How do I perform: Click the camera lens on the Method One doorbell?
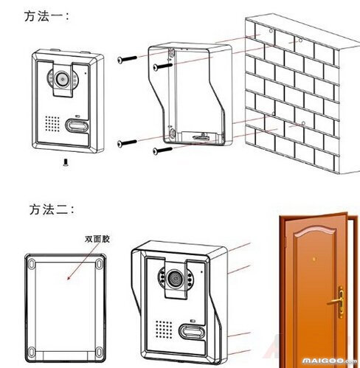63,77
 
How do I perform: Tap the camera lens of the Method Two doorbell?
176,280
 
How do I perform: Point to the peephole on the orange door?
316,259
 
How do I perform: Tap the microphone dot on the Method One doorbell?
86,73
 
